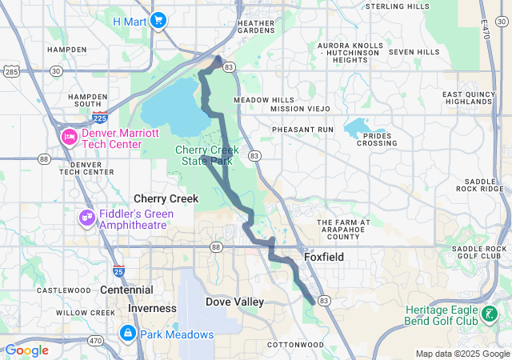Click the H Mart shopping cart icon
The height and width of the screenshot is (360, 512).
(158, 21)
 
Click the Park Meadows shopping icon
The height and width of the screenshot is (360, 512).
(127, 333)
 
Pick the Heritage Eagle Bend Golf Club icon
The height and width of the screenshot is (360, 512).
(489, 314)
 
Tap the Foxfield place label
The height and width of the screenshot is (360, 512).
(324, 258)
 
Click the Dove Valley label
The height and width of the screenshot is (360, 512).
(234, 302)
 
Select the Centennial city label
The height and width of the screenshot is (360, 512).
(127, 290)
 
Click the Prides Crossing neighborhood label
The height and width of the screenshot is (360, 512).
(376, 138)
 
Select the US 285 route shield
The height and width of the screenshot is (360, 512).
(11, 72)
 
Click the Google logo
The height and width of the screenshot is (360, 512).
(26, 350)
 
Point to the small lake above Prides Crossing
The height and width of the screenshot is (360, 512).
(362, 126)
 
